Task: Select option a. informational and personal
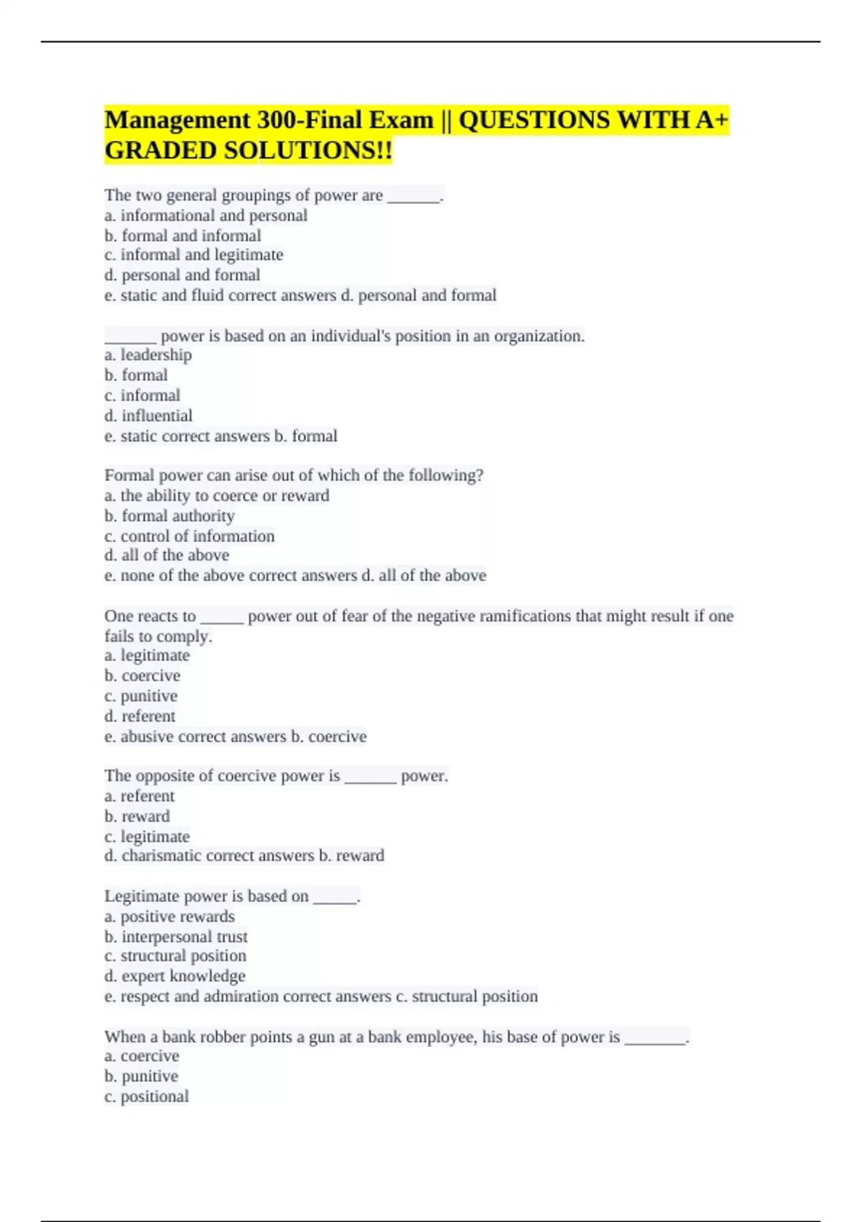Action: (206, 216)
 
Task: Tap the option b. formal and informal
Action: (182, 236)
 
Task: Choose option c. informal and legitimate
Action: (194, 255)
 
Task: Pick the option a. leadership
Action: (148, 355)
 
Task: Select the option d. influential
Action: (148, 415)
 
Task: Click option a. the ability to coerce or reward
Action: (217, 496)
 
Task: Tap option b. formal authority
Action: (170, 516)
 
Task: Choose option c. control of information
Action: (190, 536)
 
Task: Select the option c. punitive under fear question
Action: (141, 696)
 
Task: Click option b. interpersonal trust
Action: (176, 937)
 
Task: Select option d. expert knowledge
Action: (175, 976)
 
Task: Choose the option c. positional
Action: (147, 1097)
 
